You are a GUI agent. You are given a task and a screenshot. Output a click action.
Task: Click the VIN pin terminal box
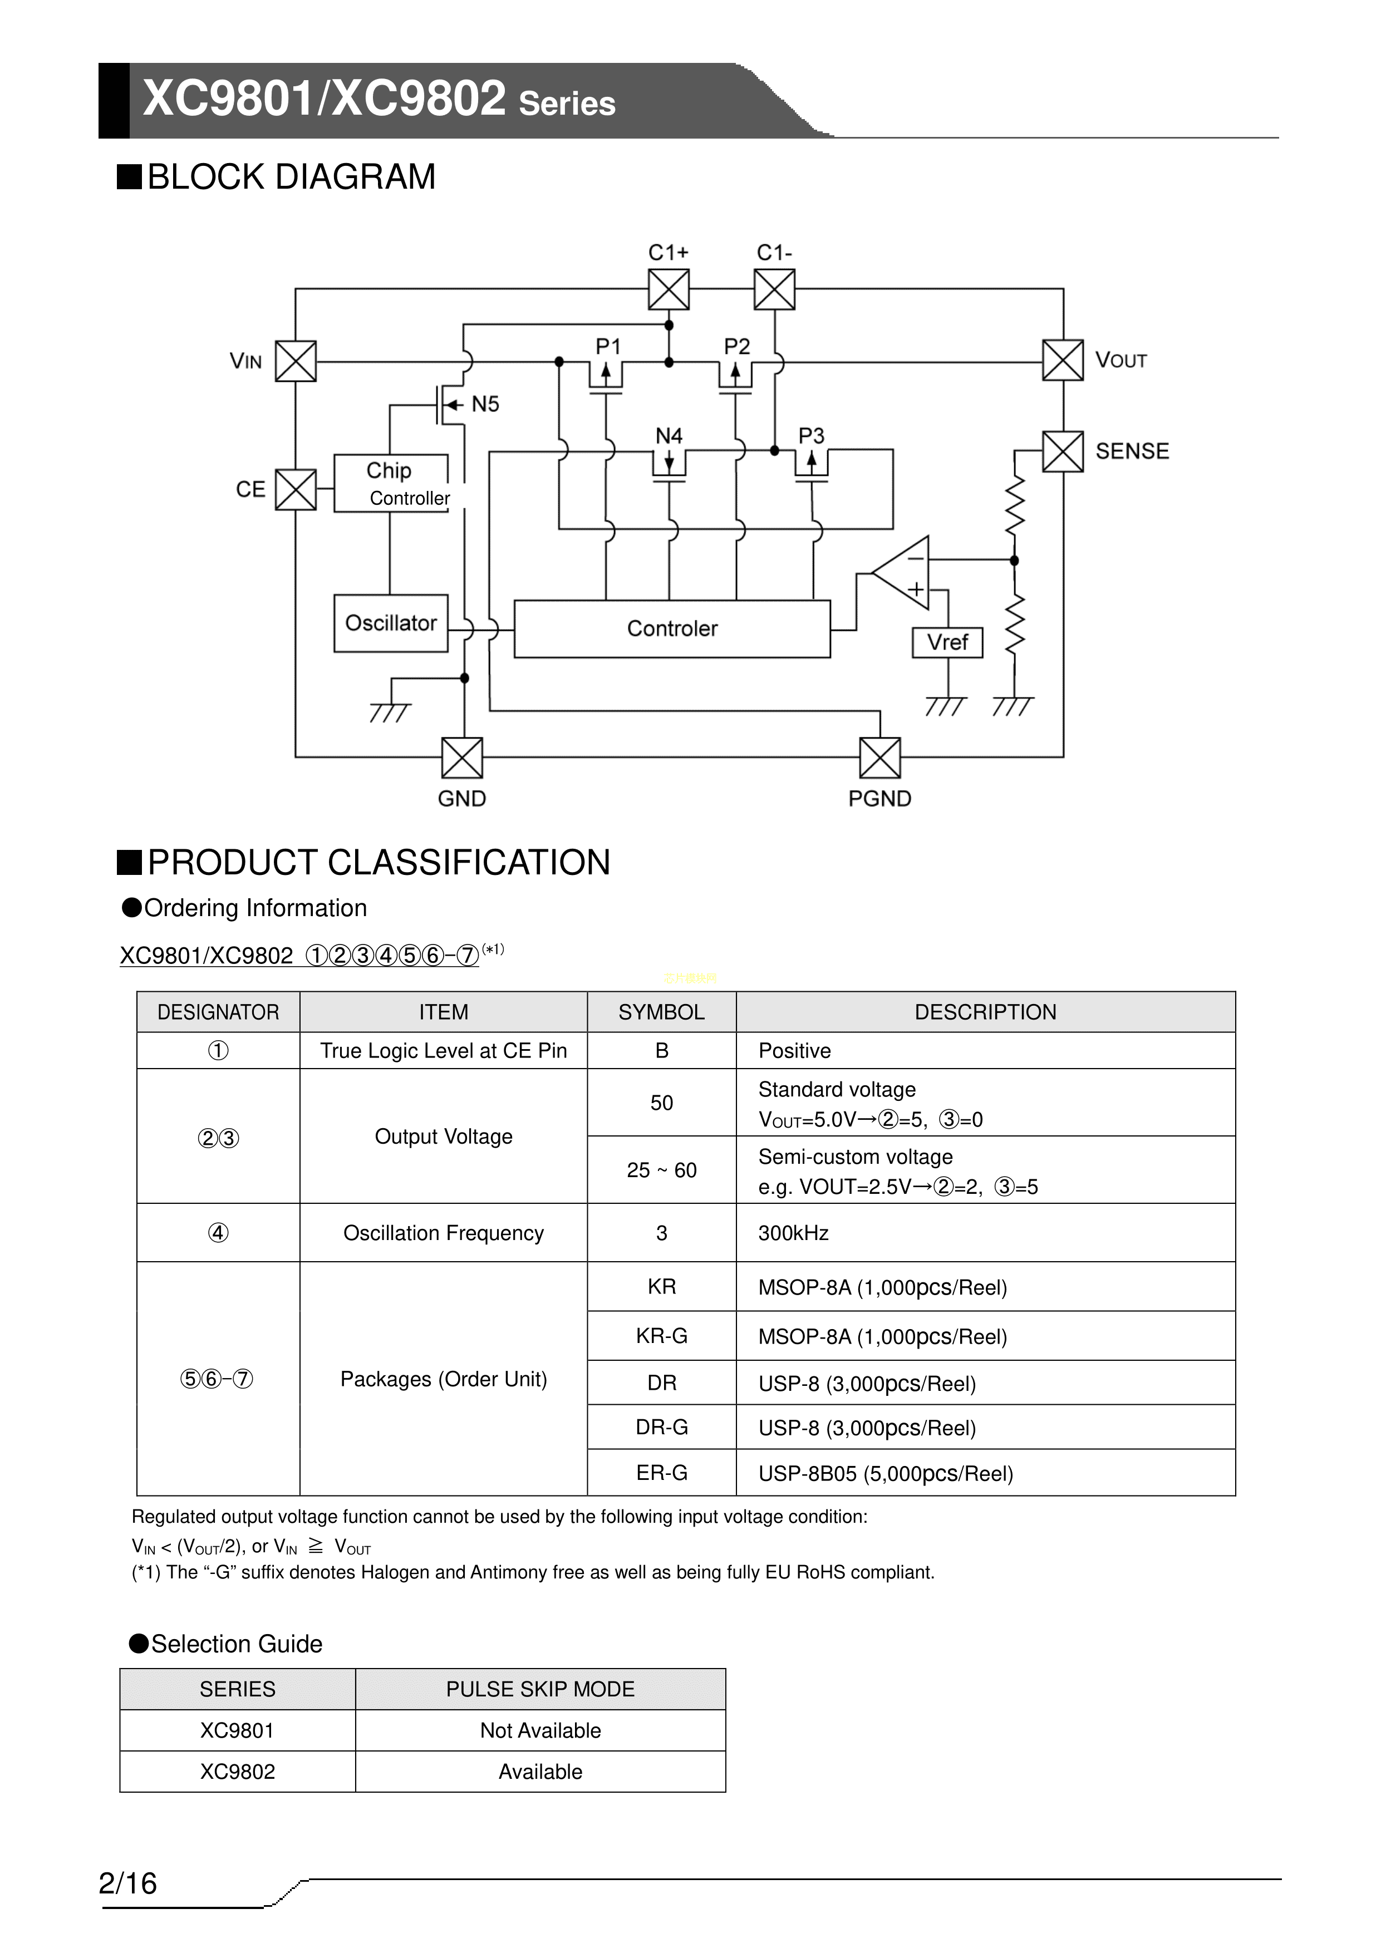click(296, 362)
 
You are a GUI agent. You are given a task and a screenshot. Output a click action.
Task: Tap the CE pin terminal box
click(296, 490)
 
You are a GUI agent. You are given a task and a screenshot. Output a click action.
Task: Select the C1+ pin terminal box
click(669, 290)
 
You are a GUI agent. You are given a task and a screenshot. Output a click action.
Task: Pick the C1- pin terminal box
click(774, 290)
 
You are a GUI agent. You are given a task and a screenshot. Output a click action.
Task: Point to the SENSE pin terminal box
click(1063, 451)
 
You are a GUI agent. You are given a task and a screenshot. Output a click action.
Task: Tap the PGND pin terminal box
click(880, 758)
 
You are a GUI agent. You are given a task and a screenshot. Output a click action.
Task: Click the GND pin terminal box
click(462, 758)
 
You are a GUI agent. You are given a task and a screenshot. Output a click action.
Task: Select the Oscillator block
click(391, 623)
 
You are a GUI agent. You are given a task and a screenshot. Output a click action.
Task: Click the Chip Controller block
click(391, 483)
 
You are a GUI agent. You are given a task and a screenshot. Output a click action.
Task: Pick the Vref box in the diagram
click(947, 642)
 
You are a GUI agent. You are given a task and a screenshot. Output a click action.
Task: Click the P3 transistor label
click(811, 436)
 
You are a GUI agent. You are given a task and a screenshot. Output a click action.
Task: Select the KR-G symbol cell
click(661, 1336)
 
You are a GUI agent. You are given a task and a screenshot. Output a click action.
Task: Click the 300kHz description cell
click(985, 1233)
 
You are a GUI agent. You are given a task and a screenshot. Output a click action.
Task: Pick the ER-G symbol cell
click(661, 1473)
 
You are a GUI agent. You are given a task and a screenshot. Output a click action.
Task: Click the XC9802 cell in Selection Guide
click(237, 1772)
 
